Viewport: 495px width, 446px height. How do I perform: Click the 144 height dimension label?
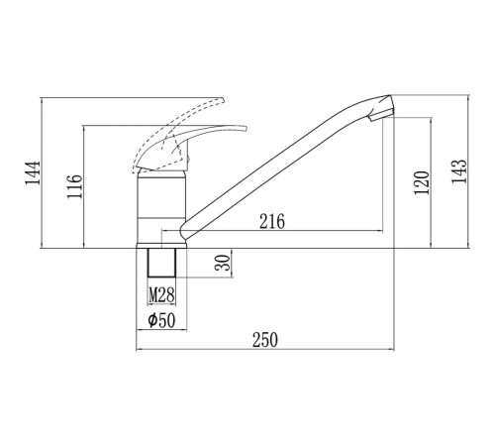pyautogui.click(x=33, y=172)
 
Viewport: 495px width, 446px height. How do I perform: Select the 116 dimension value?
pyautogui.click(x=74, y=186)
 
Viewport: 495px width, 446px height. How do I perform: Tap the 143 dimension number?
pyautogui.click(x=459, y=170)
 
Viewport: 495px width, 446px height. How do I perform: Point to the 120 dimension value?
pyautogui.click(x=422, y=182)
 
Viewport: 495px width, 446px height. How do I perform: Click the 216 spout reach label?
pyautogui.click(x=272, y=221)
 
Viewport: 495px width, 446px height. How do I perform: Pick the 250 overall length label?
pyautogui.click(x=265, y=340)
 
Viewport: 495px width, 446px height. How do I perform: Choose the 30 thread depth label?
pyautogui.click(x=224, y=263)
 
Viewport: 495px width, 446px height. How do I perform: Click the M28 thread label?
pyautogui.click(x=161, y=295)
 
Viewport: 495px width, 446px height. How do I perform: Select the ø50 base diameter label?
pyautogui.click(x=161, y=320)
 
